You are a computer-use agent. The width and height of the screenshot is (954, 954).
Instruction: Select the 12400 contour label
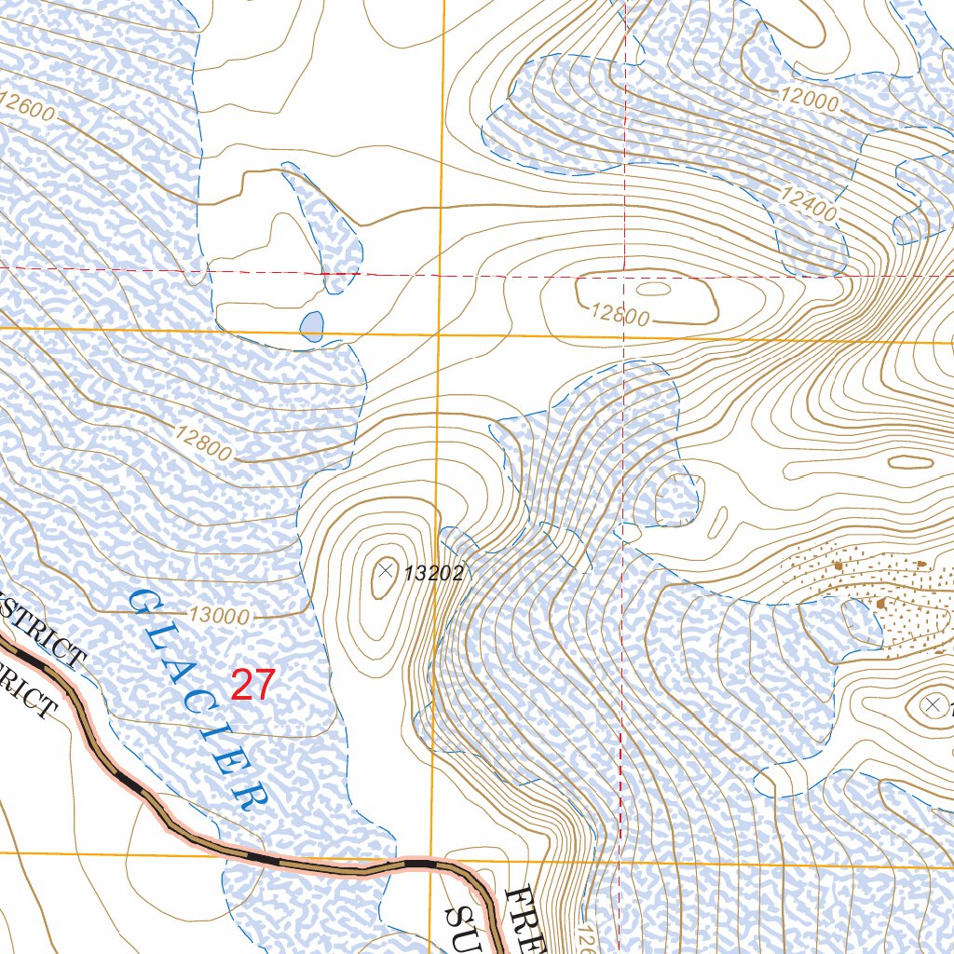806,201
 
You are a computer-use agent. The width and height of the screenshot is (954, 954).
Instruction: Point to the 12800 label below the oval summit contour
620,315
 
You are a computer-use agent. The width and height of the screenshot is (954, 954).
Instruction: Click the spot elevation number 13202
433,574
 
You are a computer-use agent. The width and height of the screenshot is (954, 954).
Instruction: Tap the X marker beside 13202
386,567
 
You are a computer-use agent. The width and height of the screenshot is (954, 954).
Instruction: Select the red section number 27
252,685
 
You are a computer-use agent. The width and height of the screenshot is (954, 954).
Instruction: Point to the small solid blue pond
312,326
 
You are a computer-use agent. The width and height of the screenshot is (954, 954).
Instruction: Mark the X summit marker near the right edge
932,704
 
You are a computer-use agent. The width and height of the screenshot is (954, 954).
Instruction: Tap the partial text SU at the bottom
460,927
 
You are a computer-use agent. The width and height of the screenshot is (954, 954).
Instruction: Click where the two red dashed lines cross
622,276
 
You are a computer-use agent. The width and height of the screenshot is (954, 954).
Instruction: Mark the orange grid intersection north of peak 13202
440,334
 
